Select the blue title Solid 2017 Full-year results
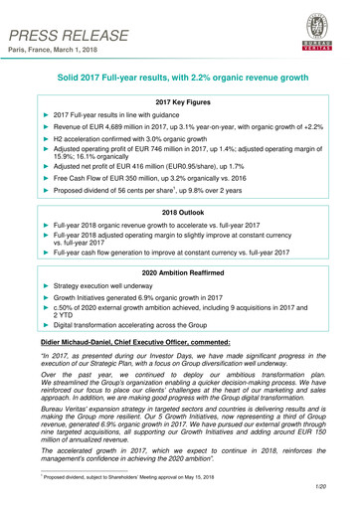181,78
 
